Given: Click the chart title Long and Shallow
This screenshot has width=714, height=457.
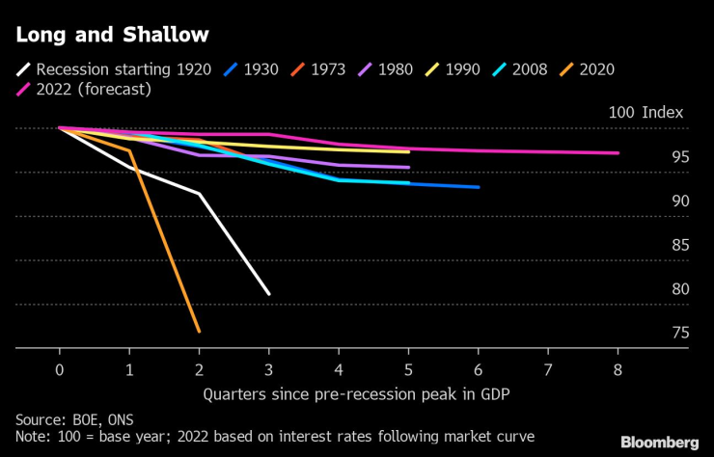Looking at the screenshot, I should (x=112, y=35).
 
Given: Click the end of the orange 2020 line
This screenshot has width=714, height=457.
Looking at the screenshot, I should (x=199, y=332).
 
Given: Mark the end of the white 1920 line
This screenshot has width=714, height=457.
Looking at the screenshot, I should (x=268, y=294).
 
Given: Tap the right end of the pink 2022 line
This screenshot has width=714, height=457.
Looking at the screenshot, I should (x=618, y=153).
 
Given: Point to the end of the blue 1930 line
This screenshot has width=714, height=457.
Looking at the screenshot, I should (x=479, y=187).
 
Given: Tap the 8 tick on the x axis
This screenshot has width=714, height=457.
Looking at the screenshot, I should (x=618, y=370).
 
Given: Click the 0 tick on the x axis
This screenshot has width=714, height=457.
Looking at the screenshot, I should (x=60, y=370).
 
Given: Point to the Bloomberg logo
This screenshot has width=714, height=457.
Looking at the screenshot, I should (x=659, y=442).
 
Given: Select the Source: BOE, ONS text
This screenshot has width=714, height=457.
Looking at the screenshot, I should (x=74, y=419).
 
